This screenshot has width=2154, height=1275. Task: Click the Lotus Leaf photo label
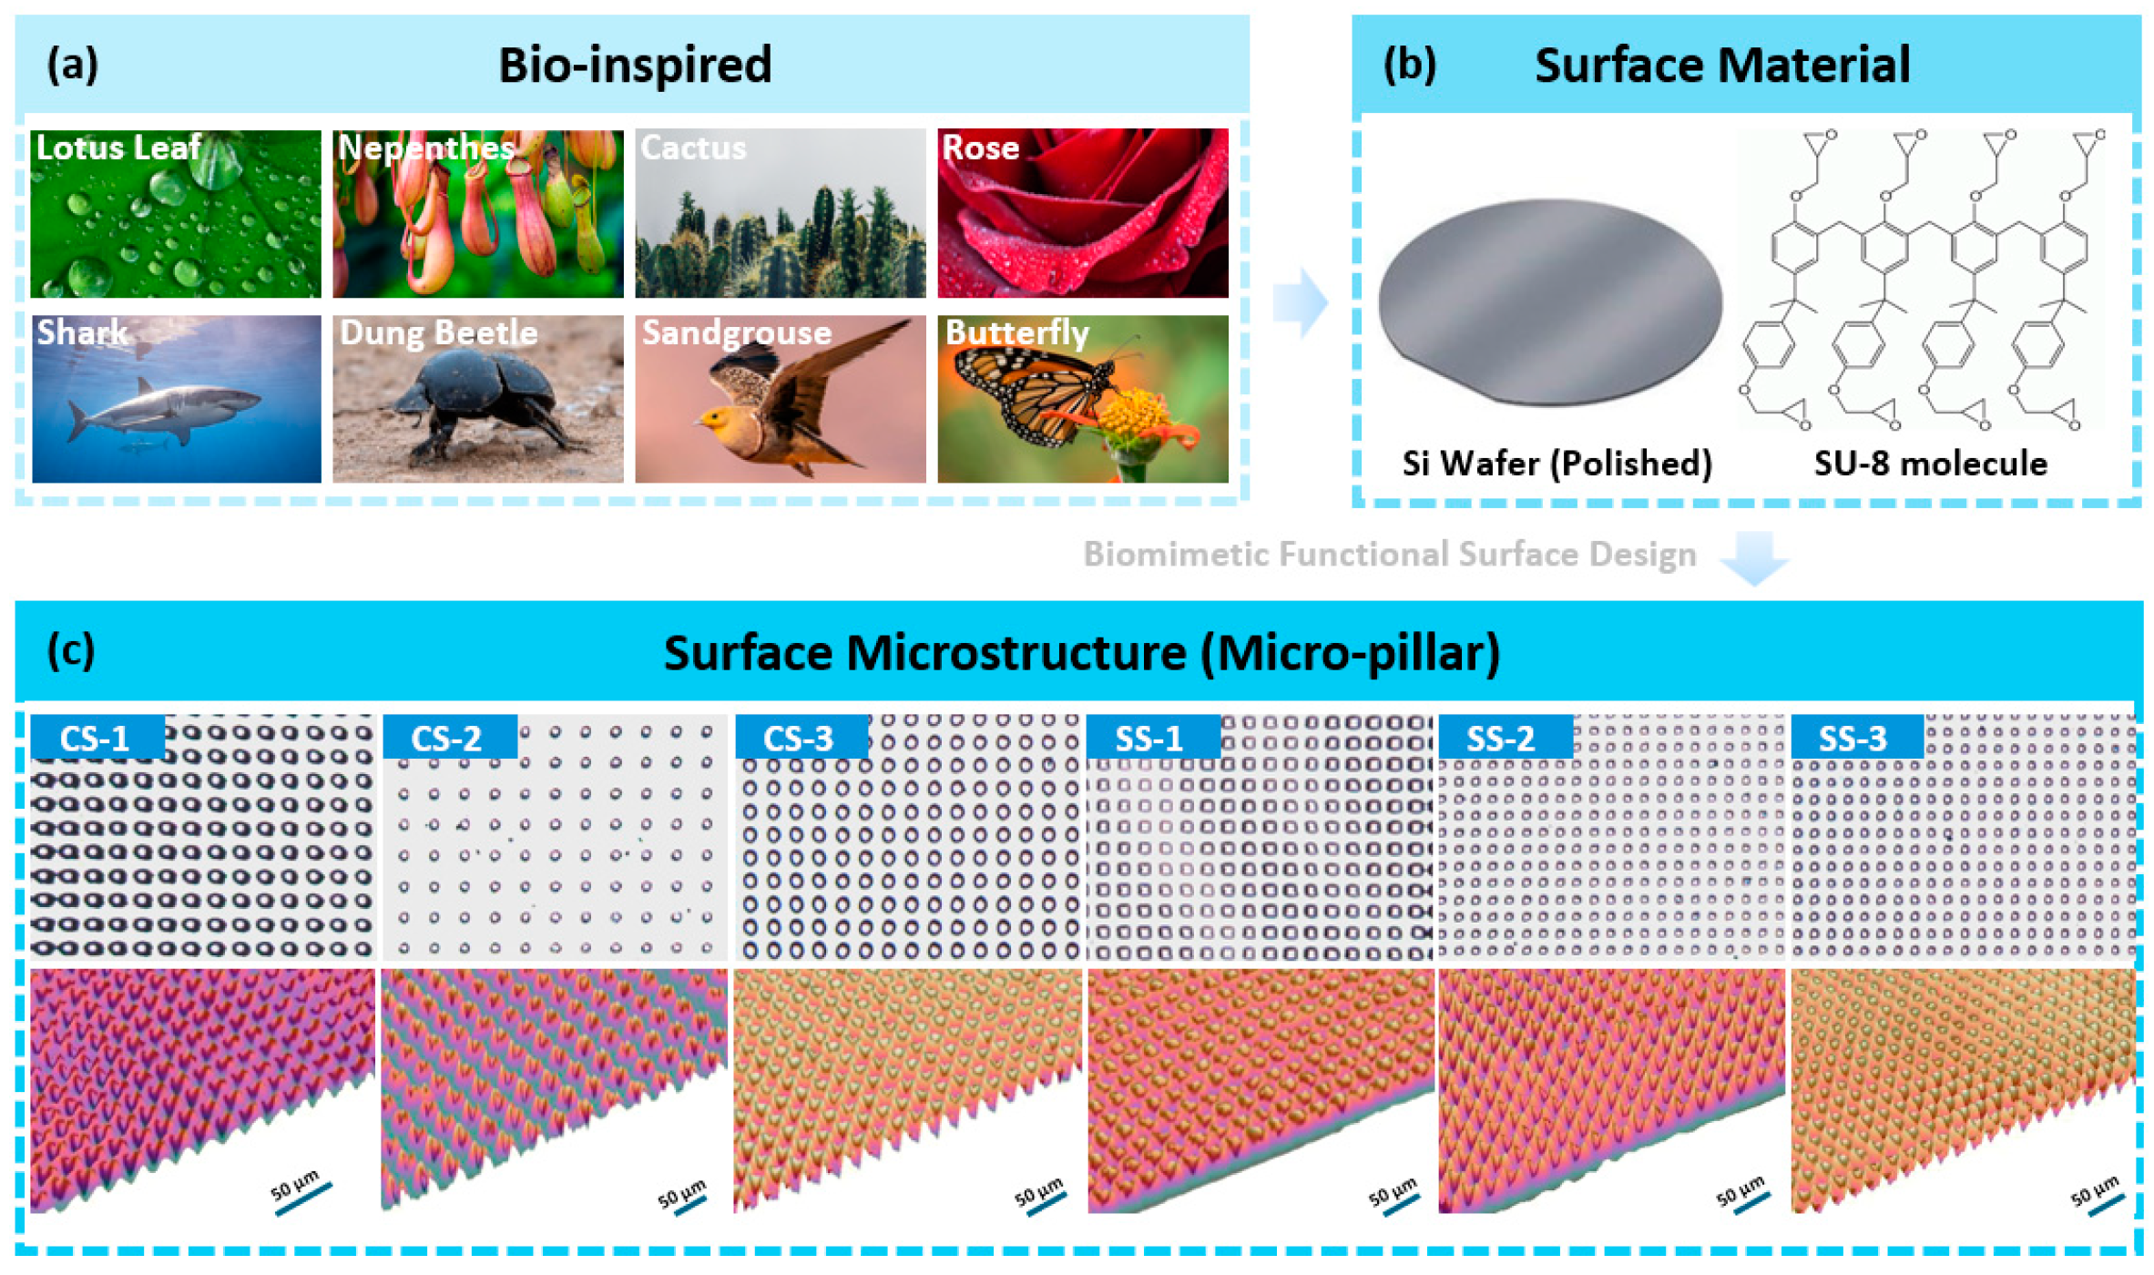[x=118, y=148]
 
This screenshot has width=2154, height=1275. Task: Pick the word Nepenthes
[x=425, y=148]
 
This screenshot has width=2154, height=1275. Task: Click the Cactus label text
[x=693, y=148]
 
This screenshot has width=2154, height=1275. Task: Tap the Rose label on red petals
[x=980, y=148]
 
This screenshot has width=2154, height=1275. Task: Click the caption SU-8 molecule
[x=1930, y=464]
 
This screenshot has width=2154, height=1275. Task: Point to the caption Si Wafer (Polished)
[x=1557, y=464]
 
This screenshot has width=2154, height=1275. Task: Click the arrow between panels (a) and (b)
[x=1301, y=302]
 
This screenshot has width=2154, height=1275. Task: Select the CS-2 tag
[x=448, y=738]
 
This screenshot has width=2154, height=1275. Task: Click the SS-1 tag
[x=1151, y=738]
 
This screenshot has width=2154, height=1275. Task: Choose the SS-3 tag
[x=1853, y=738]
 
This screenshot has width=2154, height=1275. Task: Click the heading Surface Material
[x=1721, y=66]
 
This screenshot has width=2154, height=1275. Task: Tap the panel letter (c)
[x=71, y=651]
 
